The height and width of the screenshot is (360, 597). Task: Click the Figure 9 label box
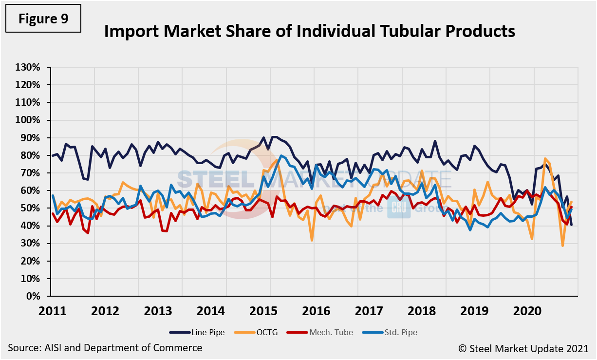tap(43, 19)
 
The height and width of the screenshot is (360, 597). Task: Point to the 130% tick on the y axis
tap(28, 67)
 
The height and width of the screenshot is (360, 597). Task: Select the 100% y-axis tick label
tap(28, 120)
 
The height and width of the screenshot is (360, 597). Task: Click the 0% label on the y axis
tap(33, 296)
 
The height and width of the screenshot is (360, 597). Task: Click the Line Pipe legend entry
tap(197, 333)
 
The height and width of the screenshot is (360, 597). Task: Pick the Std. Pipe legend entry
tap(390, 333)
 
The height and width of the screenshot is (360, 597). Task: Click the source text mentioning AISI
tap(105, 348)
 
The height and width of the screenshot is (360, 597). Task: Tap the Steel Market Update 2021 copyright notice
tap(523, 348)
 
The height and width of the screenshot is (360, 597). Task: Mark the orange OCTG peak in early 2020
tap(545, 159)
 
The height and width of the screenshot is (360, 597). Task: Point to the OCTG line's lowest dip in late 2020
tap(563, 246)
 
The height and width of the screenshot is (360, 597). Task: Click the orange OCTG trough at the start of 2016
tap(312, 240)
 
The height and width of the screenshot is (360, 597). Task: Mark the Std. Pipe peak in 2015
tap(281, 156)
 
